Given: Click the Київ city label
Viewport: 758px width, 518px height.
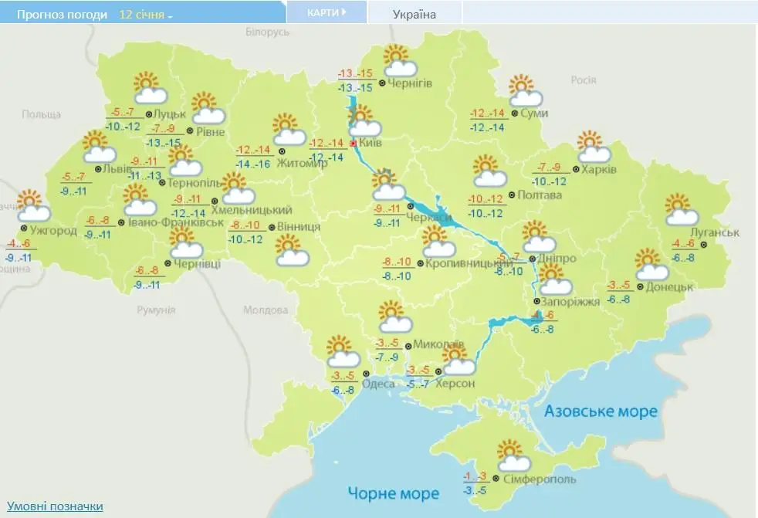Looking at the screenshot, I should coord(371,143).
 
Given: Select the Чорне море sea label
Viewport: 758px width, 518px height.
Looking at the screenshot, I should coord(392,493).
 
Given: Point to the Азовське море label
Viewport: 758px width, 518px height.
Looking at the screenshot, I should coord(601,411).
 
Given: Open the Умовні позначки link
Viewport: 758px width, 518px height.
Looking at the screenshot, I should coord(55,506).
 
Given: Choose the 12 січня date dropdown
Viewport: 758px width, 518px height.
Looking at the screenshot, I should coord(146,15).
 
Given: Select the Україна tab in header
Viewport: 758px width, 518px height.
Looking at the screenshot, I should coord(415,14).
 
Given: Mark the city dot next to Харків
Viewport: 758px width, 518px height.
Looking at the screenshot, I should coord(576,169).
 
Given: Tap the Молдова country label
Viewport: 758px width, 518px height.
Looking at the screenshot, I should coord(265,310).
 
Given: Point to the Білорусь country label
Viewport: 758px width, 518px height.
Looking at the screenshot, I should coord(267,32).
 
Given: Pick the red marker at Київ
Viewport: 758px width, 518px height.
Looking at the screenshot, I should coord(354,144).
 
